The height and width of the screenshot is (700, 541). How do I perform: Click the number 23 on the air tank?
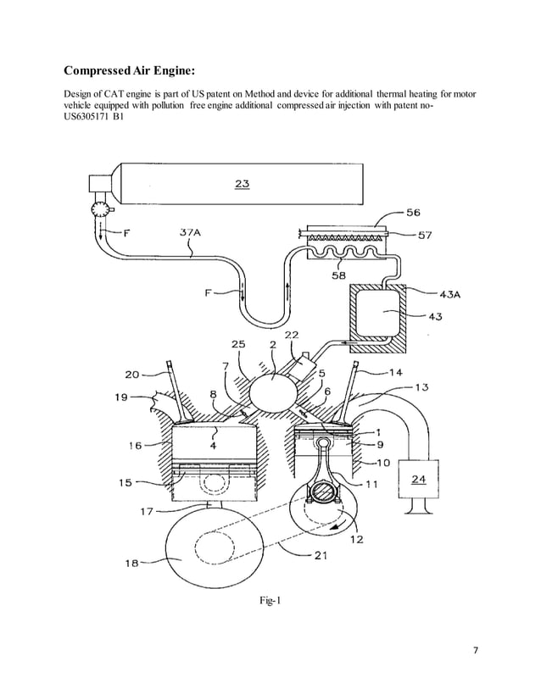242,182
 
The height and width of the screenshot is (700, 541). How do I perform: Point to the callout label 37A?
191,231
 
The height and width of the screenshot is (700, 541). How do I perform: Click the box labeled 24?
419,479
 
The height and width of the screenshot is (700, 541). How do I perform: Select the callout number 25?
240,345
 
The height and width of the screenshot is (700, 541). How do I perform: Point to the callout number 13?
421,386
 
